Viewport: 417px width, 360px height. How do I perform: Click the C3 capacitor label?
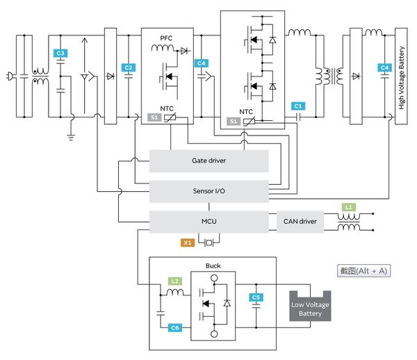[x=60, y=54]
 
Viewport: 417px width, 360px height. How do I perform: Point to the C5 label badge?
[x=256, y=298]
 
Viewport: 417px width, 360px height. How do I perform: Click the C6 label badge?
[x=176, y=327]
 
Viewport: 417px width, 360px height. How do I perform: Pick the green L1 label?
[x=349, y=207]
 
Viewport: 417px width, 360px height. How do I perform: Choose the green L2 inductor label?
[x=176, y=281]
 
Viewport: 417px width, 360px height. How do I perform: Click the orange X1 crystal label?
[x=188, y=243]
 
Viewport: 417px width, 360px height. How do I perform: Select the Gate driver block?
[x=209, y=161]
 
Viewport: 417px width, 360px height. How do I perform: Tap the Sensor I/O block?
[x=209, y=190]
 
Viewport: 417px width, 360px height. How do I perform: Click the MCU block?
[x=209, y=222]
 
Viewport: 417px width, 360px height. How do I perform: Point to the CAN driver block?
[x=300, y=222]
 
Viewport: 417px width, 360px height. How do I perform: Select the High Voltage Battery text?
[x=401, y=76]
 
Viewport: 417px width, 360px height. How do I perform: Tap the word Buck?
[x=213, y=265]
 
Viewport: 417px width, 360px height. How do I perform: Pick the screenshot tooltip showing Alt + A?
[x=361, y=271]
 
